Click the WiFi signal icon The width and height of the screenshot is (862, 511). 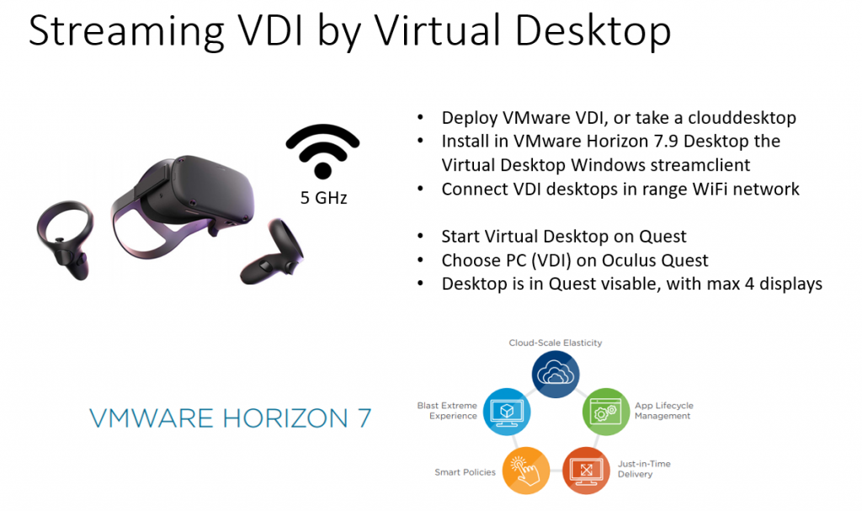coord(322,152)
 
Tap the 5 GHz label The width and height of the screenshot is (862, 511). coord(323,198)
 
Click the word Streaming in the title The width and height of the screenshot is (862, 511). coord(126,32)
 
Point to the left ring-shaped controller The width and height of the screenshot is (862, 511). coord(65,240)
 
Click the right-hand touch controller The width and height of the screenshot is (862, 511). coord(273,252)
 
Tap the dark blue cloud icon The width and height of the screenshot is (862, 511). coord(556,374)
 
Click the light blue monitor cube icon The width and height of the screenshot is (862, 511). coord(507,412)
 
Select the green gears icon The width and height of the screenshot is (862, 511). coord(606,412)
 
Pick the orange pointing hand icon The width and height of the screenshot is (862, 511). coord(526,471)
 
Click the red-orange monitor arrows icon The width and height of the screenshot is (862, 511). coord(586,471)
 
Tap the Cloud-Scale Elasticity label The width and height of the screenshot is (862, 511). coord(556,343)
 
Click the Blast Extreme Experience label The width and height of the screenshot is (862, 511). coord(448,411)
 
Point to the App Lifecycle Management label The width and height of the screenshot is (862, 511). coord(664,411)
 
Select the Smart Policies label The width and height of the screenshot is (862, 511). coord(465,472)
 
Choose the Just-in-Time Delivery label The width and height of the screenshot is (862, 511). coord(644,469)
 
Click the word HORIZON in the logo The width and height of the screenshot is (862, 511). coord(285,418)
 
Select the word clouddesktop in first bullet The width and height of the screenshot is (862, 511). coord(742,118)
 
